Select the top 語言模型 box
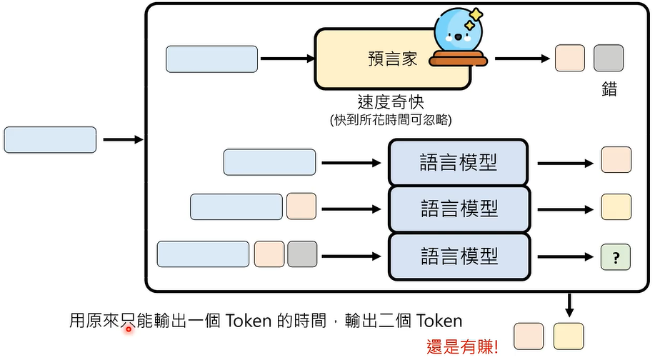click(x=458, y=162)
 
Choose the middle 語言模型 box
click(x=458, y=209)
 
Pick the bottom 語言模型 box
click(x=458, y=256)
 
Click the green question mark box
click(x=616, y=256)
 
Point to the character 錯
click(x=609, y=91)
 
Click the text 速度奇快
click(x=391, y=101)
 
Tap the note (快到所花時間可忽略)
click(x=391, y=119)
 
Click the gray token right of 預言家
click(x=609, y=59)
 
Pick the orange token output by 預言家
click(x=569, y=59)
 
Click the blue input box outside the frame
click(x=50, y=140)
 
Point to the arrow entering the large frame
click(x=123, y=140)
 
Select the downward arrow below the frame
click(x=569, y=306)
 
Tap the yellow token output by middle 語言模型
click(x=616, y=207)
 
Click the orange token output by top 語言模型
click(x=616, y=160)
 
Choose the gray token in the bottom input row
click(x=302, y=254)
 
